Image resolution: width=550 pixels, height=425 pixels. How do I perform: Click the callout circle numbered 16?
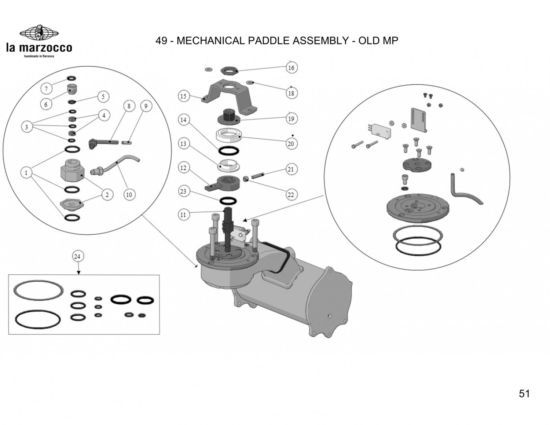(291, 68)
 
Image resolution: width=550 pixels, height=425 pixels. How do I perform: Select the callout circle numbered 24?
(77, 256)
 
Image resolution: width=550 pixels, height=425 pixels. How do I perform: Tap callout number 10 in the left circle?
(129, 195)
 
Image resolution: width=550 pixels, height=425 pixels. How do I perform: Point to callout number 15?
(183, 96)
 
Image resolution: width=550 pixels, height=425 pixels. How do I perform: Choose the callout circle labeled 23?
(183, 191)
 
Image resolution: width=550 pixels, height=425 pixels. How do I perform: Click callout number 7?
(47, 89)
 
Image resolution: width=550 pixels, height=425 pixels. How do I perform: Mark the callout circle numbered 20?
(291, 144)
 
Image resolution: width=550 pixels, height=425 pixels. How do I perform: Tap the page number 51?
(524, 393)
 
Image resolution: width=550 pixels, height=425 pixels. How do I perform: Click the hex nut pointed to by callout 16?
(230, 70)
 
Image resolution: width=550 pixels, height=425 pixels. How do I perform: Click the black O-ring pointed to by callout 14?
(229, 151)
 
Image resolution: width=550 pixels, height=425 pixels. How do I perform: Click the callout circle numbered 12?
(183, 168)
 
